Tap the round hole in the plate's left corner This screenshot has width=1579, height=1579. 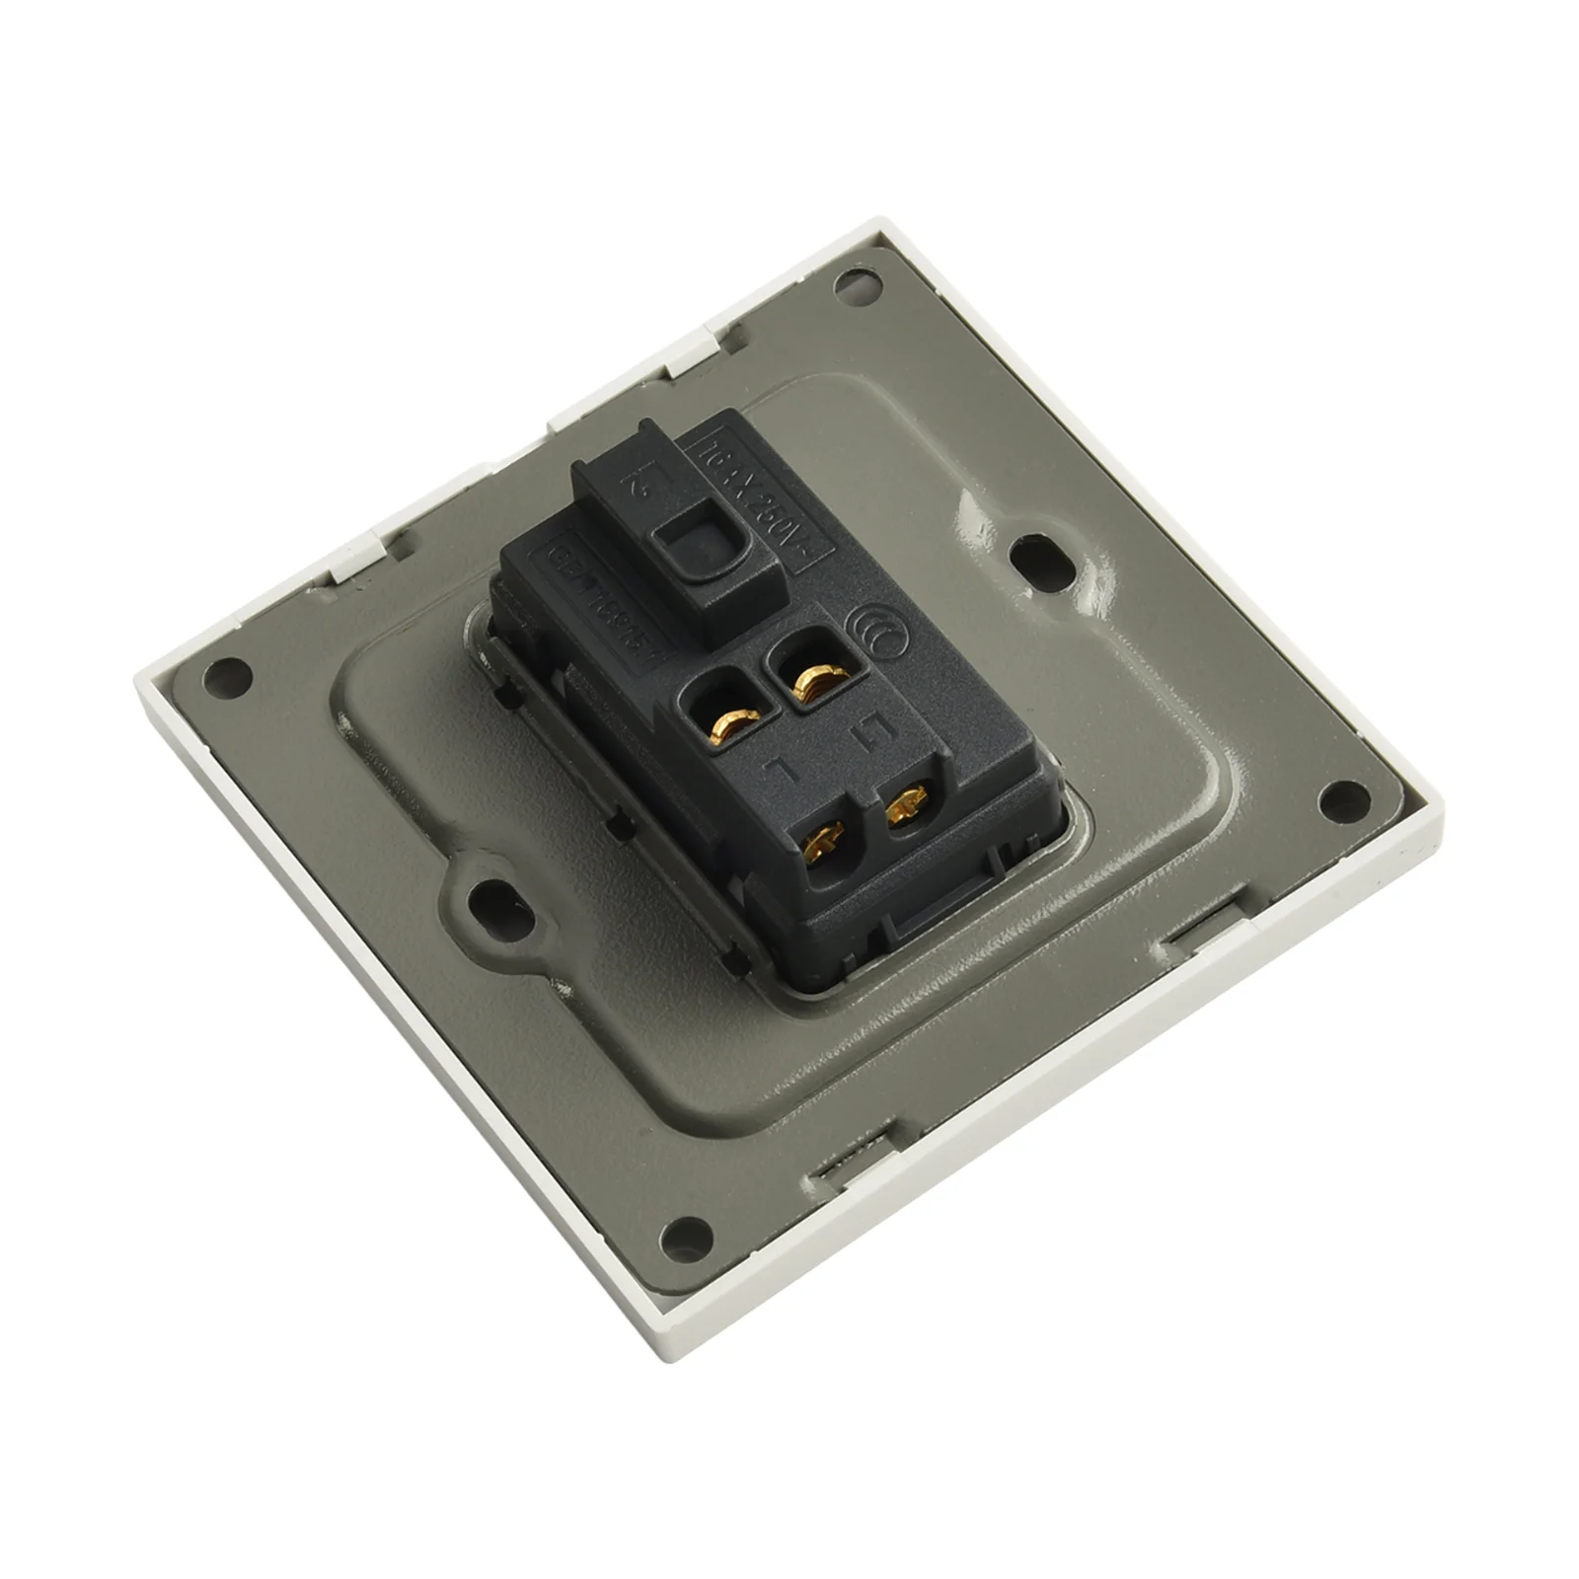225,679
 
